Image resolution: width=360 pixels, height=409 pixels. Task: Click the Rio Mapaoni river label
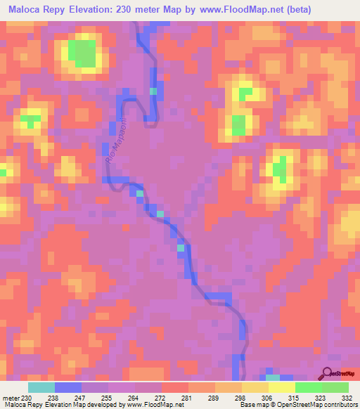pyautogui.click(x=113, y=149)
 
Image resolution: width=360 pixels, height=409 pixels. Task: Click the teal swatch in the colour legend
pyautogui.click(x=41, y=387)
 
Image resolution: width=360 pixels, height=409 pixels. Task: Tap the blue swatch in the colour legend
pyautogui.click(x=68, y=387)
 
